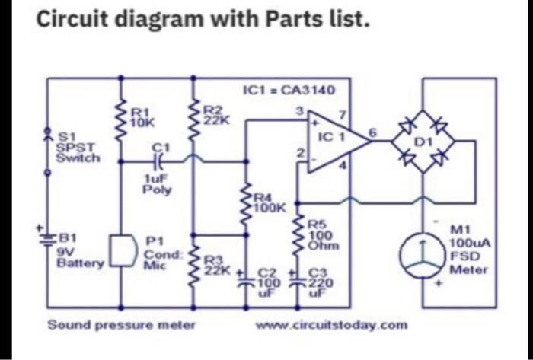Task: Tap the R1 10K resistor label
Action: pyautogui.click(x=142, y=116)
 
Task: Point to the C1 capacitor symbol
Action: pyautogui.click(x=159, y=161)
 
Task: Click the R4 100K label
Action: pyautogui.click(x=268, y=201)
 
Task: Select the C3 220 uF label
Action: pyautogui.click(x=320, y=282)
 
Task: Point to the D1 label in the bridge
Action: pyautogui.click(x=421, y=142)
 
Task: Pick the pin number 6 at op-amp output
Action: pyautogui.click(x=372, y=132)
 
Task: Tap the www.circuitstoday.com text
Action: pyautogui.click(x=333, y=325)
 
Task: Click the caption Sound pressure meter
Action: pyautogui.click(x=122, y=325)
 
